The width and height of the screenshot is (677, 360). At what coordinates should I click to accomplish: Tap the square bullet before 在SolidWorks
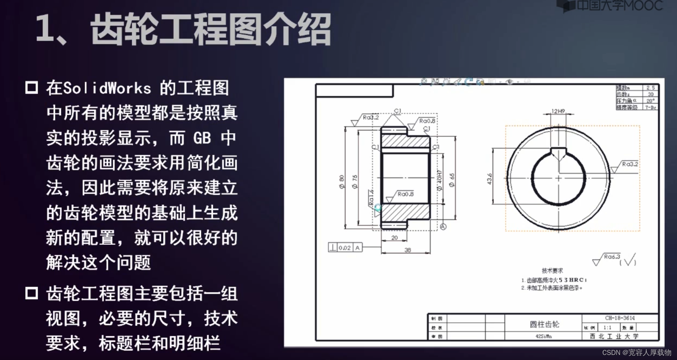pos(32,88)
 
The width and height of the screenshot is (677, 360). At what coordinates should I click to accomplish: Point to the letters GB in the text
pos(202,138)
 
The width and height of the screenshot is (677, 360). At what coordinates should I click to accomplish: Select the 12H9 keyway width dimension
pos(558,111)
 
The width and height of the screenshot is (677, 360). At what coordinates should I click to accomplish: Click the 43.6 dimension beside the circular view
pos(490,179)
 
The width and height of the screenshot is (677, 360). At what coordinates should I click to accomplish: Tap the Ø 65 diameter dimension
pos(452,180)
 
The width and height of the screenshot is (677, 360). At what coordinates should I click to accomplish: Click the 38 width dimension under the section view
pos(408,250)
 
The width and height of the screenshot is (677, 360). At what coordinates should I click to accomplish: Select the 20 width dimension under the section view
pos(394,238)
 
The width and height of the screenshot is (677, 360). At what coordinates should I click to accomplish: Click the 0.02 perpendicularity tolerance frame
pos(345,248)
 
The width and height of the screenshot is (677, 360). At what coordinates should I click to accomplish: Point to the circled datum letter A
pos(443,227)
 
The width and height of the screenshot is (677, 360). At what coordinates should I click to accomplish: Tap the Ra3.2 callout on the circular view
pos(629,164)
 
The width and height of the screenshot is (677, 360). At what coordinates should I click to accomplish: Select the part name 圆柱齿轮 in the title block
pos(544,324)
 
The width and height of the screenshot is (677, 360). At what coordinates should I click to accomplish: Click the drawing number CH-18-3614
pos(620,318)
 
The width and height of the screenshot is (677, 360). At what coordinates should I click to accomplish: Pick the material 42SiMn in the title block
pos(543,337)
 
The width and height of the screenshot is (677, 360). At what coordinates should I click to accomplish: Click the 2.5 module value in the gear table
pos(650,88)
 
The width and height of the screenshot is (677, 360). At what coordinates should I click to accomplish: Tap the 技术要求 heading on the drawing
pos(552,270)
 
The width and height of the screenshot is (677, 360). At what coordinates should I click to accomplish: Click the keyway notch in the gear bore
pos(558,153)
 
